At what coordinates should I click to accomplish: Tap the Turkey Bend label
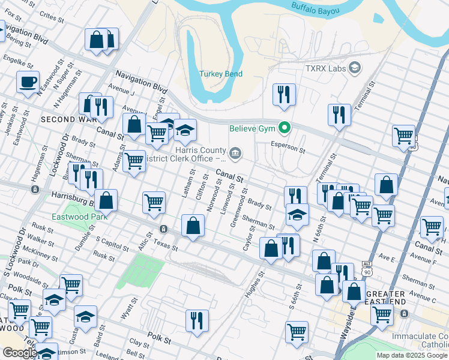tap(221, 74)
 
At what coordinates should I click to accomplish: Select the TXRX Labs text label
tap(325, 68)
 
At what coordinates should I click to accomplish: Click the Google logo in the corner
tap(19, 353)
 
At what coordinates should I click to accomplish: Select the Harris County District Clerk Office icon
tap(235, 154)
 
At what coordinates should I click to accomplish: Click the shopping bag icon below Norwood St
tap(193, 226)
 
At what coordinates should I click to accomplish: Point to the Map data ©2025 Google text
tap(412, 355)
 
